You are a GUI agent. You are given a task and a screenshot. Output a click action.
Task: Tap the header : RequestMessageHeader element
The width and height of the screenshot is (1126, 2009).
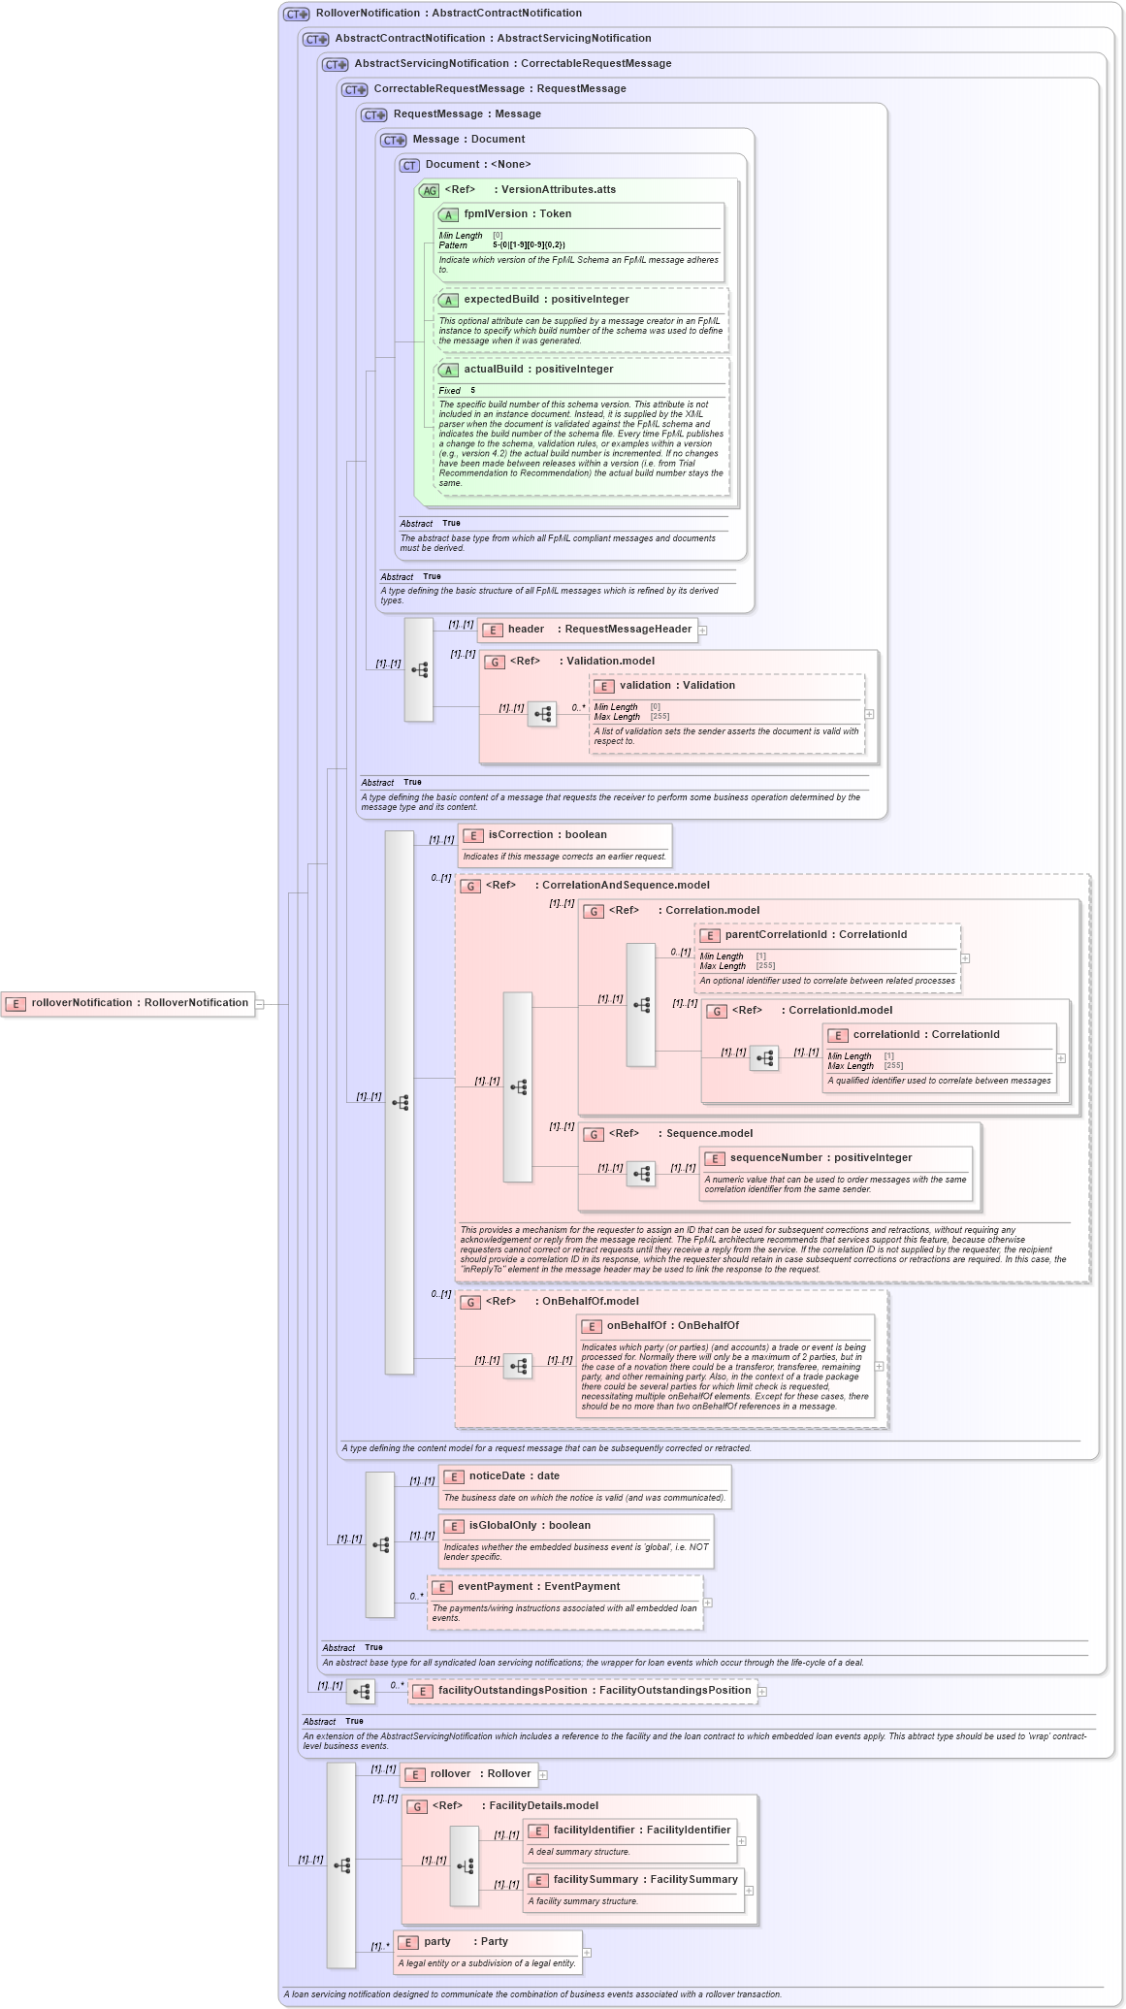587,630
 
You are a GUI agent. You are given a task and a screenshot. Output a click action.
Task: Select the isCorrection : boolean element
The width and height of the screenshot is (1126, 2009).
547,835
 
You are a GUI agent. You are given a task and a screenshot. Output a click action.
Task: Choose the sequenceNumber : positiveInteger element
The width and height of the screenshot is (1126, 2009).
820,1158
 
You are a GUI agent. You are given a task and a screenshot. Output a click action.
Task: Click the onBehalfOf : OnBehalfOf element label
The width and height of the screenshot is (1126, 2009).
672,1326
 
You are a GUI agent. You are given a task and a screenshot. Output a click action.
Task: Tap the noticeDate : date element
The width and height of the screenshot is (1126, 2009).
514,1476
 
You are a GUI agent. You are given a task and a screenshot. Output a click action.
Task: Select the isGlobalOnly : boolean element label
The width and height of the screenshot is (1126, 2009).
529,1526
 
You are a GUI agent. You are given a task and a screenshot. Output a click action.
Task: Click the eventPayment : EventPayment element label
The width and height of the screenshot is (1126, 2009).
538,1587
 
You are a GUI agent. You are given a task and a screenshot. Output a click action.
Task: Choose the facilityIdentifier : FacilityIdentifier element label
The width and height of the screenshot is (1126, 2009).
641,1831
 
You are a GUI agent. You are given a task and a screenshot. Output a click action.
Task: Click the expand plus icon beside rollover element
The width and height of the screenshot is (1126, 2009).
543,1775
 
